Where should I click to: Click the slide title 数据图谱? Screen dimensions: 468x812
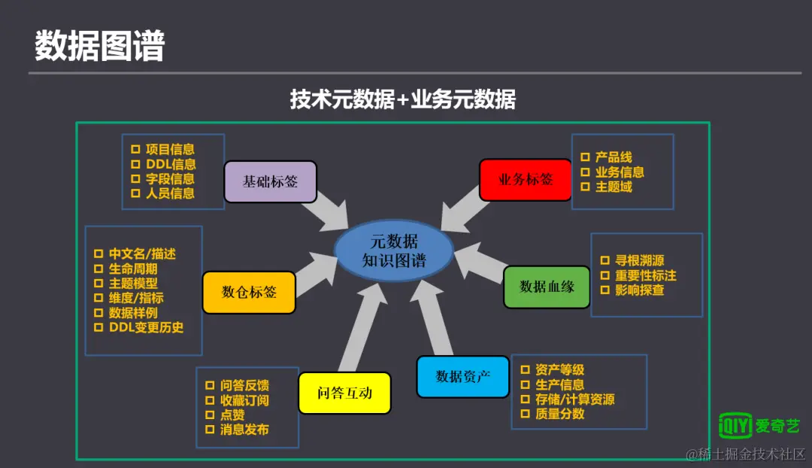click(x=99, y=47)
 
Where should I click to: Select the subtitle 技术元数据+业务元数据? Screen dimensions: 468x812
click(x=403, y=100)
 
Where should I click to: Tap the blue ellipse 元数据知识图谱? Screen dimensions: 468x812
click(x=394, y=251)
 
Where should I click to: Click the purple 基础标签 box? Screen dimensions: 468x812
click(x=270, y=182)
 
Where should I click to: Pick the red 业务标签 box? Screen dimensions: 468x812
click(x=525, y=180)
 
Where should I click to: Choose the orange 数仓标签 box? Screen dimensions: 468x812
click(x=249, y=292)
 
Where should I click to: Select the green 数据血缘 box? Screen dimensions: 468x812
click(x=547, y=287)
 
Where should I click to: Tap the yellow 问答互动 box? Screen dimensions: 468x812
click(x=344, y=393)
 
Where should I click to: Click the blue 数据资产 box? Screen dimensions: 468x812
click(x=462, y=376)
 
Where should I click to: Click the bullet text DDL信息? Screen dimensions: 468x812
click(x=171, y=164)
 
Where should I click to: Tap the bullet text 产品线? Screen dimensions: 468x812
click(x=614, y=157)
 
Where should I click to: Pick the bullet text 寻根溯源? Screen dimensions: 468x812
click(x=639, y=260)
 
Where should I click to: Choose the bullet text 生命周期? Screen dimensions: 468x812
click(x=133, y=269)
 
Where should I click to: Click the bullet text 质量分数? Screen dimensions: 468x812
click(x=559, y=414)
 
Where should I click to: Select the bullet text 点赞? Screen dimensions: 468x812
click(x=232, y=415)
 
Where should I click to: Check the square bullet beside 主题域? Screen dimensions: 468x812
click(x=585, y=187)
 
